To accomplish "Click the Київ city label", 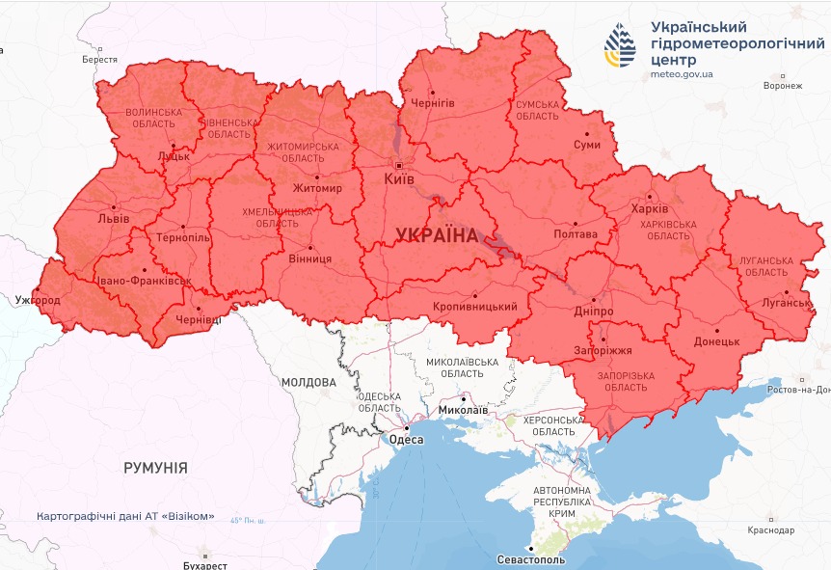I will point(399,179).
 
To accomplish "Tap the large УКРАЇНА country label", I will point(437,235).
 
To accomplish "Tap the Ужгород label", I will point(38,301).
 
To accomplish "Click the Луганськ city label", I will point(787,303).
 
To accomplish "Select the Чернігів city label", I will point(433,102).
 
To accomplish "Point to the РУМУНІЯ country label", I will point(155,468).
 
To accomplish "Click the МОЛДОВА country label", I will point(308,382).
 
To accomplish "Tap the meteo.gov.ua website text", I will point(682,73).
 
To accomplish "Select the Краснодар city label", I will point(770,530).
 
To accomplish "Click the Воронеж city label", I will point(781,86).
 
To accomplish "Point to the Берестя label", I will point(99,60).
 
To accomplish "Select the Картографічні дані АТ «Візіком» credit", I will point(125,516).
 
